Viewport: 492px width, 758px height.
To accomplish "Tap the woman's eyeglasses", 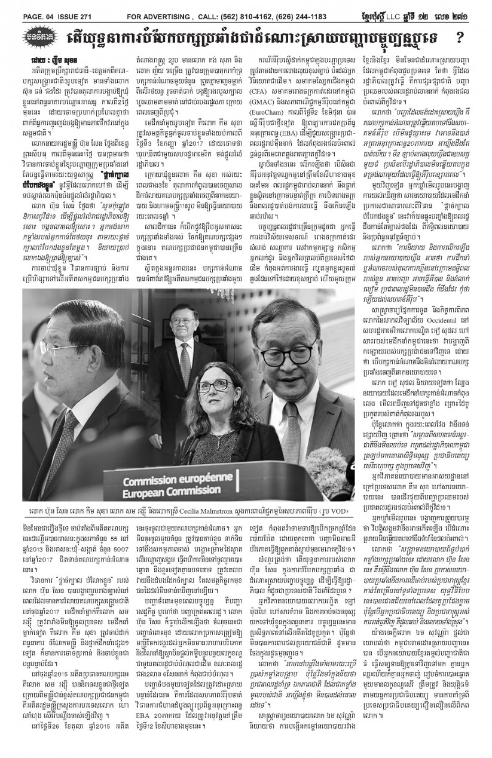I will tap(216, 385).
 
